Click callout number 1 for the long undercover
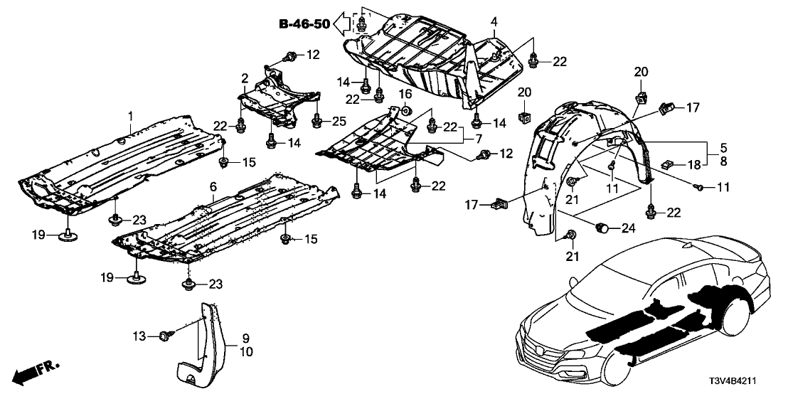click(x=130, y=115)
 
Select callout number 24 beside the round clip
click(x=628, y=229)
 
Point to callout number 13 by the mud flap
click(x=140, y=334)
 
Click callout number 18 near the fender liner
click(x=693, y=165)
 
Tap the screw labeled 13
click(x=166, y=334)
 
